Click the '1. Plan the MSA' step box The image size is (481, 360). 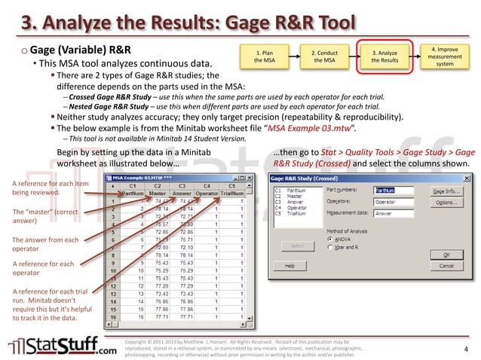click(264, 56)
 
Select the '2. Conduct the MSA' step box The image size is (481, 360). click(324, 56)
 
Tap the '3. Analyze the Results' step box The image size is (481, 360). click(385, 56)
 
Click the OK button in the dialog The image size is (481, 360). click(446, 254)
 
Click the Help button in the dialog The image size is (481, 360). click(290, 266)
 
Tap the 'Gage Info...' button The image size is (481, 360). click(446, 191)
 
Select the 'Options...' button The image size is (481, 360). click(446, 203)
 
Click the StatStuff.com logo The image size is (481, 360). click(63, 346)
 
